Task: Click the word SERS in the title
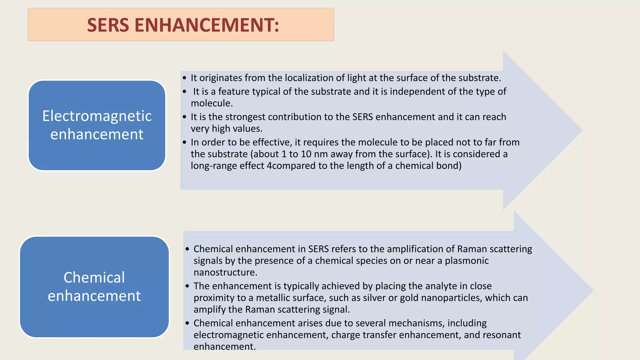click(108, 25)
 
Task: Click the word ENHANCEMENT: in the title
click(207, 25)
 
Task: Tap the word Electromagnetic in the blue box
click(97, 116)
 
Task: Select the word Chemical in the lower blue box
click(94, 277)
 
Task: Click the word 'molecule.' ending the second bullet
click(212, 103)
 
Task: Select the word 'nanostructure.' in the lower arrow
click(225, 272)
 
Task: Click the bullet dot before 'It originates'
click(184, 78)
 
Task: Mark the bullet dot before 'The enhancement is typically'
click(187, 286)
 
